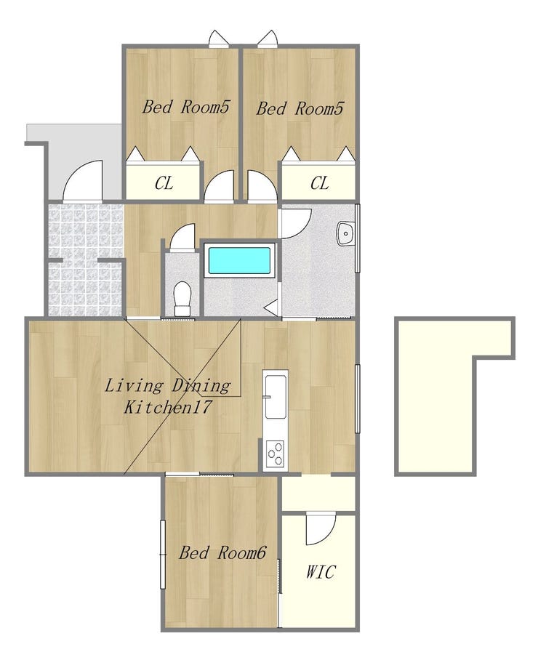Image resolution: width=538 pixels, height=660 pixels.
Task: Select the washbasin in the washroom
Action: [345, 233]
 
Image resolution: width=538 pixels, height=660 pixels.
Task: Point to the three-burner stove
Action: [276, 453]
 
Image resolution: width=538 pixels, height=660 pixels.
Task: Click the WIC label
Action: [321, 571]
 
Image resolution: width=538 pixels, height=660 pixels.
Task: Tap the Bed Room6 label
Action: [222, 552]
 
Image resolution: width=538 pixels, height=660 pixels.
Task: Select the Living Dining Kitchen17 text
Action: [167, 396]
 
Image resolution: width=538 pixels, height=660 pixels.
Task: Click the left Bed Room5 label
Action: [185, 107]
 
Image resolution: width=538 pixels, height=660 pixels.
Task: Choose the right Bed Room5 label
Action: [300, 108]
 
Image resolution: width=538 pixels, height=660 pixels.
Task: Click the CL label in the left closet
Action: [164, 183]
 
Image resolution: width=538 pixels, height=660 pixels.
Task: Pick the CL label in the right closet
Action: [319, 183]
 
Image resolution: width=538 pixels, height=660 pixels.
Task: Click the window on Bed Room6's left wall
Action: [163, 554]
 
